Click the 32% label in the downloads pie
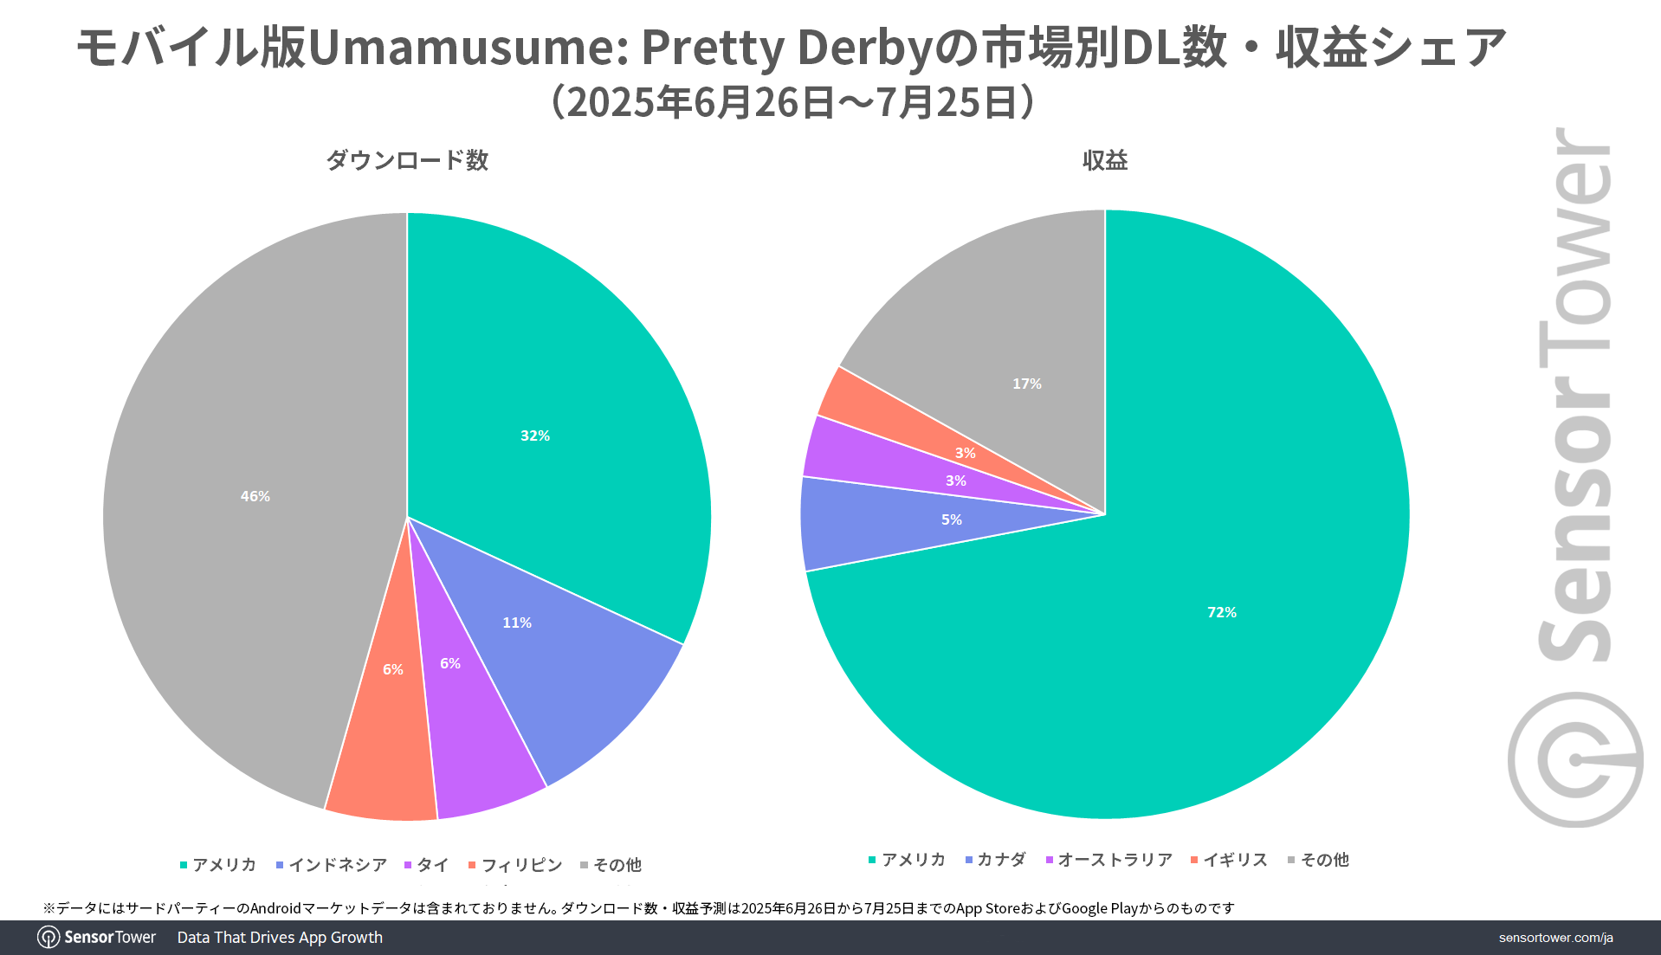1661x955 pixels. click(x=534, y=436)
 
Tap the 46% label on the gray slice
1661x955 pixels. click(x=255, y=496)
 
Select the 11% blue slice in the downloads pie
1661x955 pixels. click(x=537, y=641)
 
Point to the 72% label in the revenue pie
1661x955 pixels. click(x=1221, y=612)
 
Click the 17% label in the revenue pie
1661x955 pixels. click(x=1026, y=384)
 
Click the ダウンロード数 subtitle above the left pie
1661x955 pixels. click(x=407, y=160)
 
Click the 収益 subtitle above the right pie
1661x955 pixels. click(x=1104, y=160)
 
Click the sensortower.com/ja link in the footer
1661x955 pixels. click(x=1555, y=938)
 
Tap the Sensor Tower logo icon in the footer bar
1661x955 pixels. click(x=48, y=938)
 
